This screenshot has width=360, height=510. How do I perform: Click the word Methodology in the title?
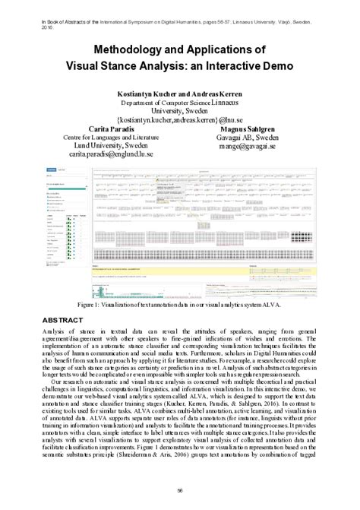point(110,50)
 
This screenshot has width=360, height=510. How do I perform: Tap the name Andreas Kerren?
point(214,92)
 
